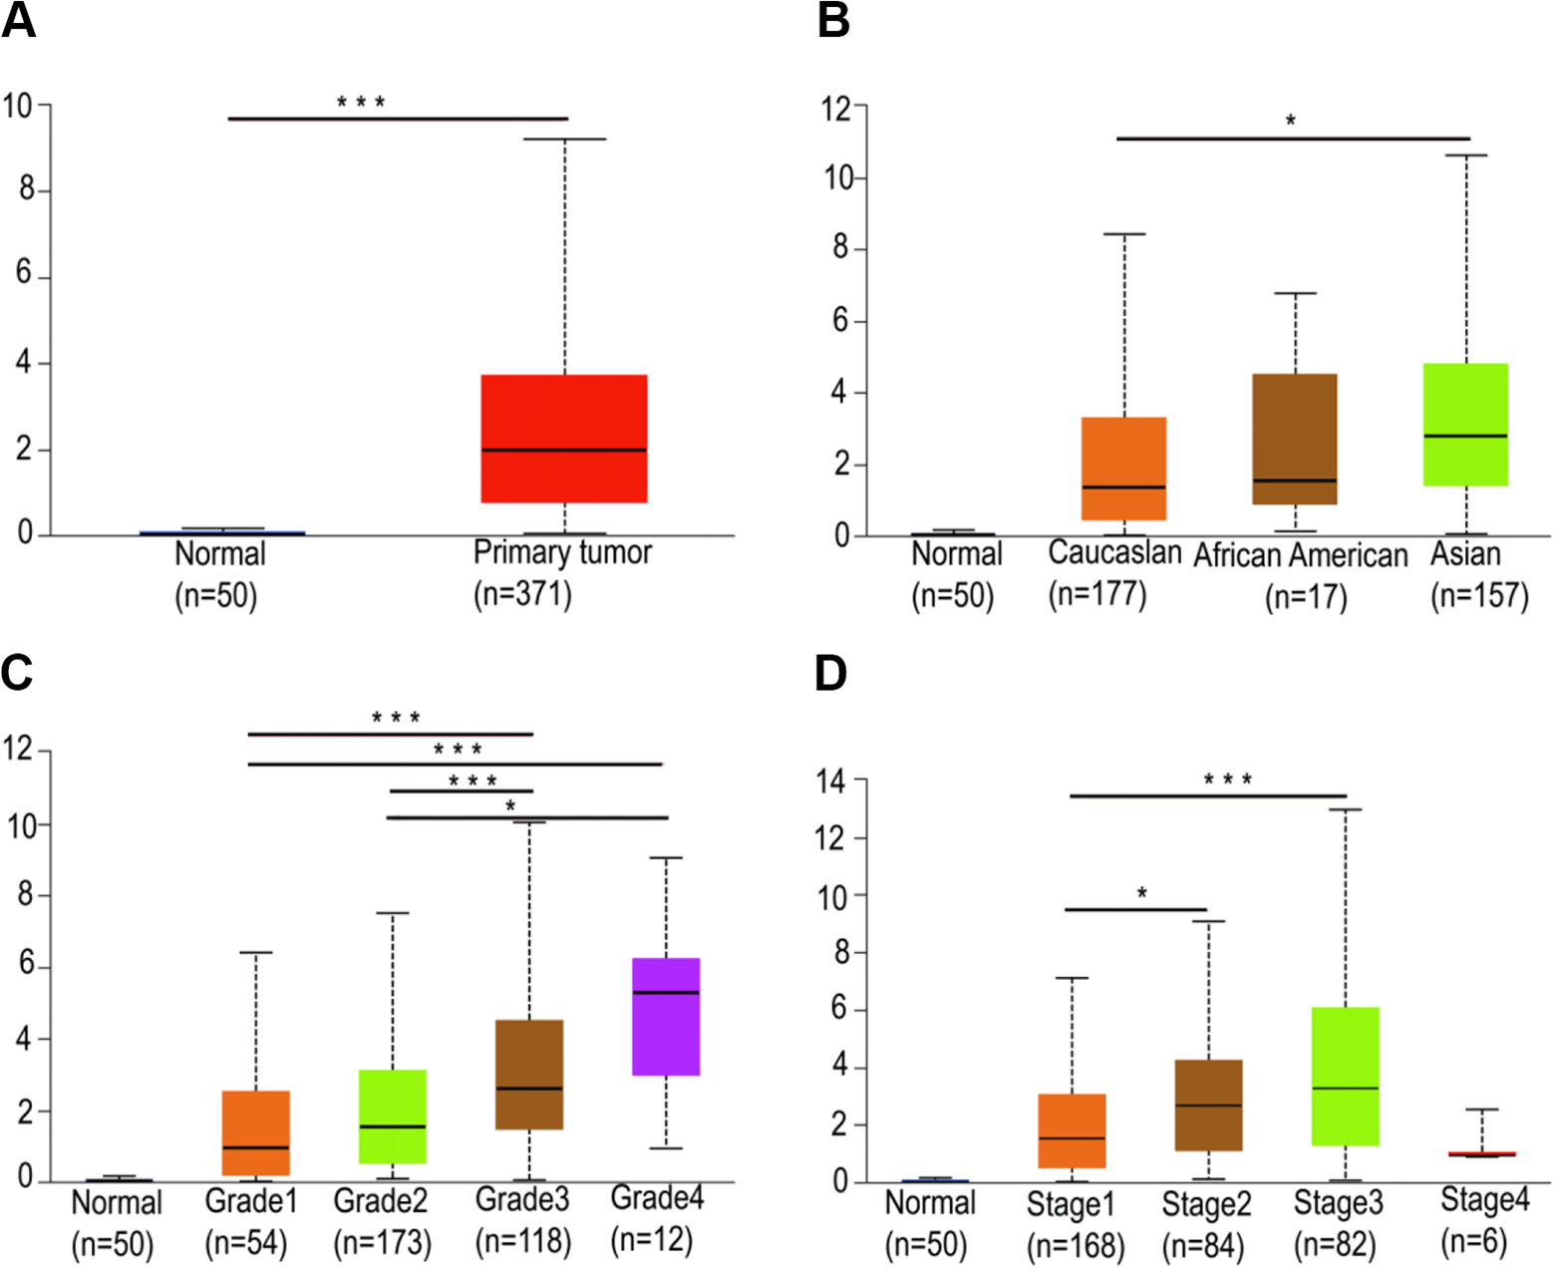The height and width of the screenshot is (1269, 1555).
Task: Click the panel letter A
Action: click(18, 20)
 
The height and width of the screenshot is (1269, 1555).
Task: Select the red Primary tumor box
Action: click(564, 439)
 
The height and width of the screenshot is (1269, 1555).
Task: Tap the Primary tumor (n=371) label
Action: click(562, 573)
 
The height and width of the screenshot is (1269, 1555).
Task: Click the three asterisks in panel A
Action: click(361, 102)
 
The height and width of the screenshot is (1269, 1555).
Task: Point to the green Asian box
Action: click(1465, 425)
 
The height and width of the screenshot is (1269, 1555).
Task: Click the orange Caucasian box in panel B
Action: click(1123, 469)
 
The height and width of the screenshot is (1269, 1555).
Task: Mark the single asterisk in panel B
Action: click(1290, 120)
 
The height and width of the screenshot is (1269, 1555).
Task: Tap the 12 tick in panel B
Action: click(836, 109)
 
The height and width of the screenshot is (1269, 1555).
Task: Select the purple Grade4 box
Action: click(666, 1016)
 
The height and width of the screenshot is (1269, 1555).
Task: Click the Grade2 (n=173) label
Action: click(381, 1221)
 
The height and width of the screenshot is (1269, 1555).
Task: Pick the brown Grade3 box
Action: click(529, 1075)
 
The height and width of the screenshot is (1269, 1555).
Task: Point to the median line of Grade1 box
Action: click(256, 1147)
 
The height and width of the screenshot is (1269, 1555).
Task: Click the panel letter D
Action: click(831, 673)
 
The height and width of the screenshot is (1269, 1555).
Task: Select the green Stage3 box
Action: click(1346, 1076)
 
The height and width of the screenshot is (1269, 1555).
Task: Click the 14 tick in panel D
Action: click(831, 781)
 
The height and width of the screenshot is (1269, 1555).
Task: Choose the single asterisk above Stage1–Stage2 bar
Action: click(1142, 893)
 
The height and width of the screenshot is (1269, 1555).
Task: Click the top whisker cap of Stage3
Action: click(1347, 809)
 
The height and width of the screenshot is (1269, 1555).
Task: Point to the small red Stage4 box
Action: click(1481, 1153)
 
